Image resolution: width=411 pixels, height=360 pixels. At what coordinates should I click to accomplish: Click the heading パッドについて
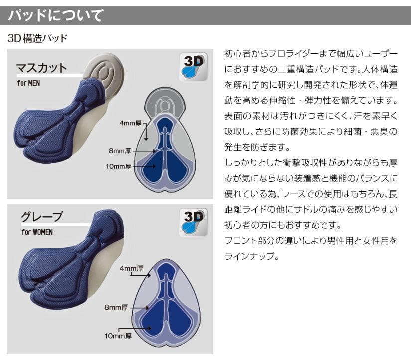pos(56,15)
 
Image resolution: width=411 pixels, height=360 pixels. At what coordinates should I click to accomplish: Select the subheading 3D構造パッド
pos(37,38)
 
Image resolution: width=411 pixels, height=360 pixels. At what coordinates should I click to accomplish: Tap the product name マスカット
pos(41,67)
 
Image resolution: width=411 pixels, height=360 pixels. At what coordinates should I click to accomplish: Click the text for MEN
pos(28,83)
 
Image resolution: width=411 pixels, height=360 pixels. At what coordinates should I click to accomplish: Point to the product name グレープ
pos(42,216)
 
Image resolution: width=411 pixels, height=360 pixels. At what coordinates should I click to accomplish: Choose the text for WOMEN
pos(37,232)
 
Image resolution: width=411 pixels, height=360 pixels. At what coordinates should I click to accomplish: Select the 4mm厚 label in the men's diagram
pos(131,123)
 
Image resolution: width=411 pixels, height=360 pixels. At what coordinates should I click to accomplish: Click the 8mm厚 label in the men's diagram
pos(120,150)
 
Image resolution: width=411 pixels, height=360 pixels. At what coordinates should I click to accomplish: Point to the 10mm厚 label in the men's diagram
pos(118,166)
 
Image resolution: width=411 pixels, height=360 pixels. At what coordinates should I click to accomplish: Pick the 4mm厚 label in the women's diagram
pos(132,269)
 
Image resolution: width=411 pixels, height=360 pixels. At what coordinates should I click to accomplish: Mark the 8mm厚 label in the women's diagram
pos(116,307)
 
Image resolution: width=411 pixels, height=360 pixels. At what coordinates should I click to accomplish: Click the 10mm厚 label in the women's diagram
pos(117,336)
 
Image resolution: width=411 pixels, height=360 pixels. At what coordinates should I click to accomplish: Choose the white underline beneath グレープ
pos(49,225)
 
